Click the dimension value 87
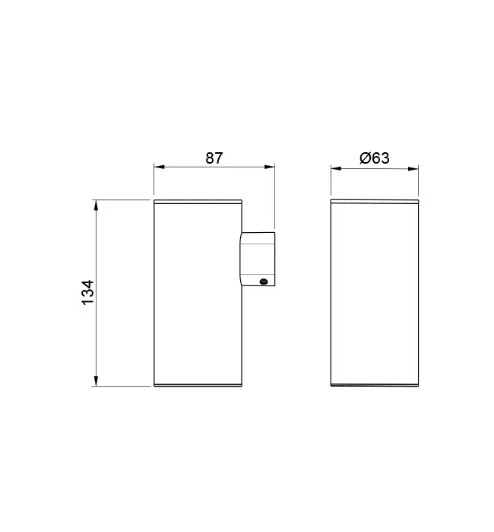214,158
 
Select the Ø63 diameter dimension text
374,158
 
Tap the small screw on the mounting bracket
264,282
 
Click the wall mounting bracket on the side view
258,259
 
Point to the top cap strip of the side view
198,202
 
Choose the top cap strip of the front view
375,202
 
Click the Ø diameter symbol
364,158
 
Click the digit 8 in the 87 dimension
209,158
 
